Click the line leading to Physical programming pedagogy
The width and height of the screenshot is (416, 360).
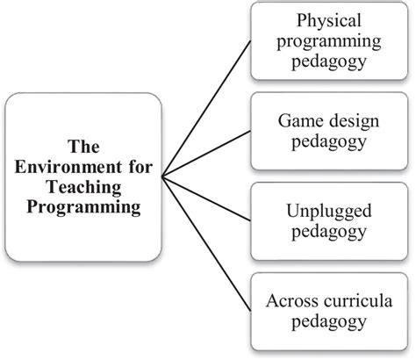[206, 110]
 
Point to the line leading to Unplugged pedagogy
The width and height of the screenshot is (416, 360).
[206, 195]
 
